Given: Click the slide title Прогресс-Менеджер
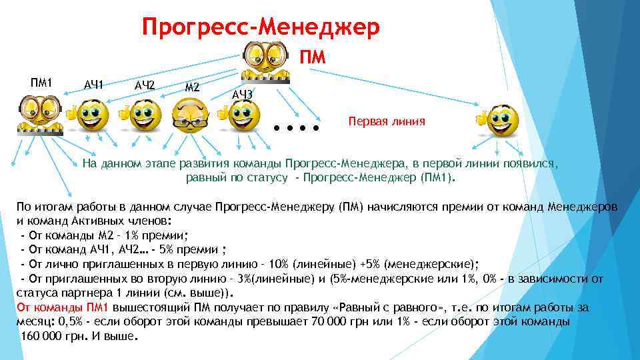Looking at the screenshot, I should pyautogui.click(x=261, y=27).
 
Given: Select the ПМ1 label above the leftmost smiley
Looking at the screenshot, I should pyautogui.click(x=41, y=83).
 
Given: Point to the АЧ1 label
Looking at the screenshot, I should pyautogui.click(x=93, y=85).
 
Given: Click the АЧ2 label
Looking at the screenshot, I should pyautogui.click(x=144, y=85).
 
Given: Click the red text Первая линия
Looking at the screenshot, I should pyautogui.click(x=387, y=123).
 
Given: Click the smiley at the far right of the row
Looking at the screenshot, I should pyautogui.click(x=500, y=120).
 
